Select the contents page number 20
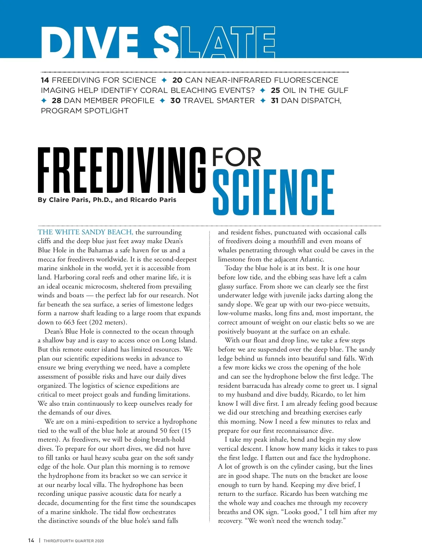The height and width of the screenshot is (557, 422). [x=177, y=80]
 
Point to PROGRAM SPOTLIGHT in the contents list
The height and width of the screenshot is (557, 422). [x=85, y=111]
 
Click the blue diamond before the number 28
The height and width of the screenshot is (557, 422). [x=44, y=101]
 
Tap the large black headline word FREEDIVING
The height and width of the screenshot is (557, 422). [x=122, y=171]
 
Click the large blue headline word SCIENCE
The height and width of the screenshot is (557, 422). [x=273, y=192]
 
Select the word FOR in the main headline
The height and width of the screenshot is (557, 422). [x=236, y=157]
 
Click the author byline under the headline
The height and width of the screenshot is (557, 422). [x=107, y=200]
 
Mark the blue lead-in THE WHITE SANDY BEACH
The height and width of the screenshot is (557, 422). [x=85, y=232]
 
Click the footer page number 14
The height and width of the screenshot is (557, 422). [x=31, y=540]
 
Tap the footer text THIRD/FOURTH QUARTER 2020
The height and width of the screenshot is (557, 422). [x=74, y=541]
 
